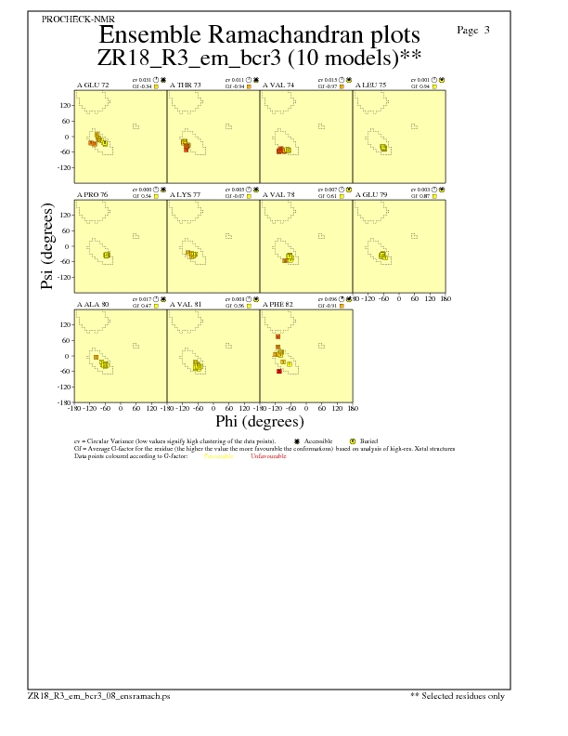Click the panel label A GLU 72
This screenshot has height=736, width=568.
click(x=93, y=85)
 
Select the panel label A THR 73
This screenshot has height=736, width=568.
click(x=186, y=85)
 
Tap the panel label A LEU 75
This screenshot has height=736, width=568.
click(x=370, y=85)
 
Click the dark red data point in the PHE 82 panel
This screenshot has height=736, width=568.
click(x=278, y=371)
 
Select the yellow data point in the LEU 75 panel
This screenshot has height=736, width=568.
click(x=383, y=147)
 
